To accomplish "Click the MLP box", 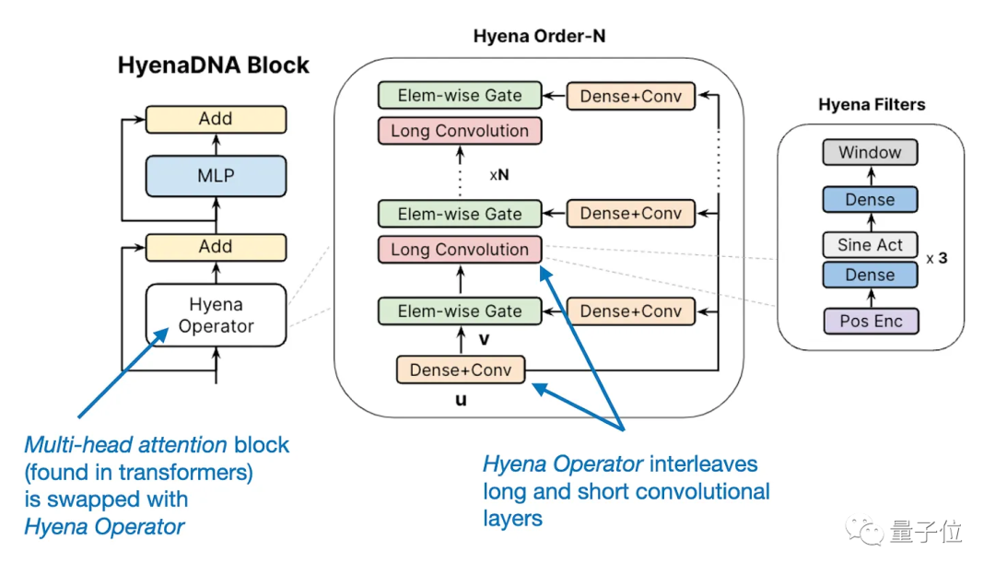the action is pyautogui.click(x=216, y=176).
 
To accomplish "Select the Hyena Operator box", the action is pyautogui.click(x=216, y=315).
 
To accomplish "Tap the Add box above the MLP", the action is pyautogui.click(x=216, y=119).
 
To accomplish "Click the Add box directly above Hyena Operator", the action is pyautogui.click(x=216, y=247).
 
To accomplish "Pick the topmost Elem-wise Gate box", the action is pyautogui.click(x=460, y=95).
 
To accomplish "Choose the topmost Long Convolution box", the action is pyautogui.click(x=460, y=131).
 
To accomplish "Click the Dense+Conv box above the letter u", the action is pyautogui.click(x=461, y=370).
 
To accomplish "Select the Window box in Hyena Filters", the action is pyautogui.click(x=870, y=152).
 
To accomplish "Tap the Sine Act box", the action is pyautogui.click(x=870, y=245).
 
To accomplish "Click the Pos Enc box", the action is pyautogui.click(x=871, y=322).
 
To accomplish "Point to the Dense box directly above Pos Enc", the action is pyautogui.click(x=870, y=275).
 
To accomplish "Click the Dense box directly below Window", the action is pyautogui.click(x=870, y=199).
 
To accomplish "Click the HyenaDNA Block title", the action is pyautogui.click(x=213, y=65).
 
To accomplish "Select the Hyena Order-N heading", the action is pyautogui.click(x=539, y=36).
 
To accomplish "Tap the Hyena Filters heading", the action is pyautogui.click(x=872, y=104).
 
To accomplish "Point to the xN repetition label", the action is pyautogui.click(x=499, y=174).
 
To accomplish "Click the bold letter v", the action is pyautogui.click(x=485, y=340).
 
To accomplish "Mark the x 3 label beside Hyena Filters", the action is pyautogui.click(x=937, y=258).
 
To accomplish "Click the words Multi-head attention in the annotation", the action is pyautogui.click(x=125, y=445).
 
